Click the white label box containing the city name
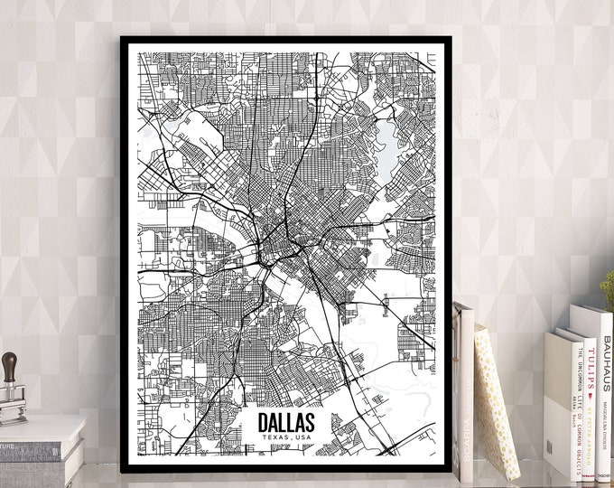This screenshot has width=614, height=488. (x=285, y=427)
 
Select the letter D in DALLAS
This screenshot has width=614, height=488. (x=264, y=422)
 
